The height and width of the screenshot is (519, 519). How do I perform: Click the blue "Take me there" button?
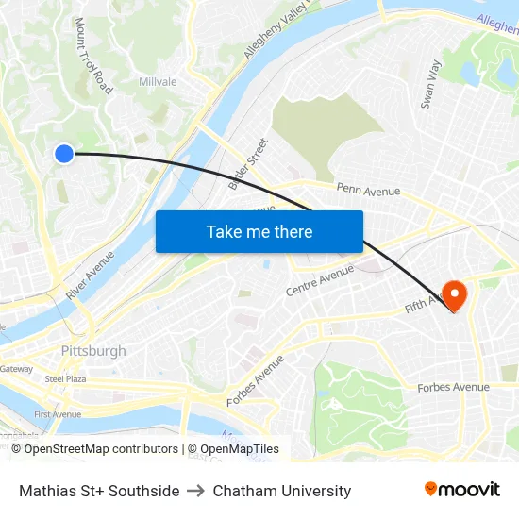(x=259, y=231)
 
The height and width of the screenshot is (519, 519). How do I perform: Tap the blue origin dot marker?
(x=63, y=154)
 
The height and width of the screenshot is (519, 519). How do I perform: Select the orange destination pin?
(x=454, y=295)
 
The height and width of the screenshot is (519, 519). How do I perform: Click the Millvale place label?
(x=158, y=82)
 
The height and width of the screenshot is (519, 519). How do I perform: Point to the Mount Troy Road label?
(x=93, y=56)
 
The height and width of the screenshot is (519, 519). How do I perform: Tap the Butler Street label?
(x=248, y=163)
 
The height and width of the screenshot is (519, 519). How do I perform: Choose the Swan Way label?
(x=430, y=85)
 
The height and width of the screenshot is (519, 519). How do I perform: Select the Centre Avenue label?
(x=319, y=279)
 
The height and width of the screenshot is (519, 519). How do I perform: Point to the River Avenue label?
(x=91, y=275)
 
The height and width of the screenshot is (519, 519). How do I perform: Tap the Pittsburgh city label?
(x=92, y=351)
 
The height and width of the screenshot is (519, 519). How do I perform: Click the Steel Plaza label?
(x=66, y=378)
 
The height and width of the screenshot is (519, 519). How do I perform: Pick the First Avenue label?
(x=58, y=414)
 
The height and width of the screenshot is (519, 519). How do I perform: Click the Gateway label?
(x=16, y=369)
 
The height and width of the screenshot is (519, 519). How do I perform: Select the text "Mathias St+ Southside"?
(x=99, y=491)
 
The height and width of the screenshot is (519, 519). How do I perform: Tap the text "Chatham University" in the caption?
(x=282, y=491)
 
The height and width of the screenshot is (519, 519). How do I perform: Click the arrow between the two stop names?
(x=196, y=491)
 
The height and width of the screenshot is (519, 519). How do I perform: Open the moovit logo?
(x=462, y=489)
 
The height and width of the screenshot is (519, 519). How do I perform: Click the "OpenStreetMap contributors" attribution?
(x=101, y=449)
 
